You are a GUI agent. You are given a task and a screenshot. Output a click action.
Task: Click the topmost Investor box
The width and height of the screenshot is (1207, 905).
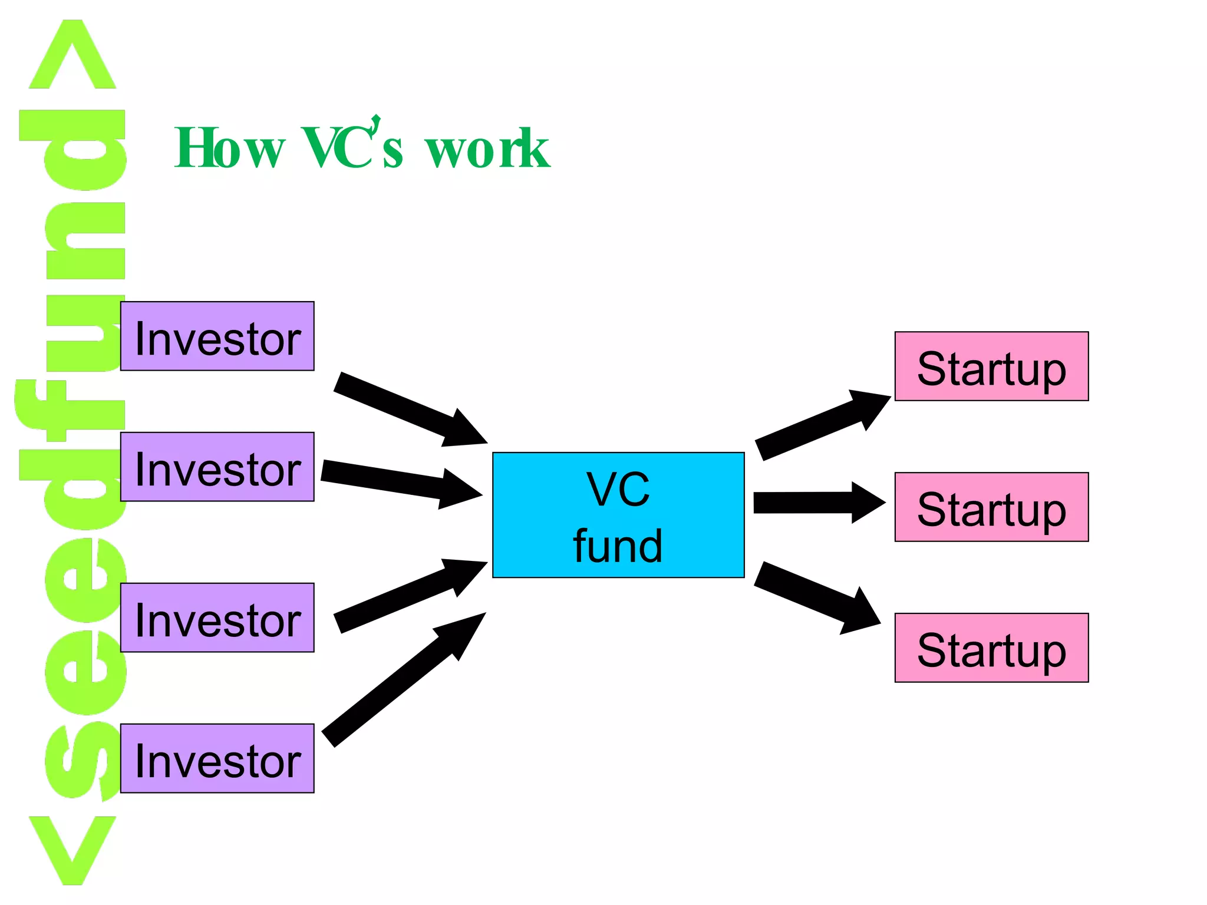click(217, 336)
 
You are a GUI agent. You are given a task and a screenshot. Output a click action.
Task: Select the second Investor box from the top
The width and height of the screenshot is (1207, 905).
click(217, 467)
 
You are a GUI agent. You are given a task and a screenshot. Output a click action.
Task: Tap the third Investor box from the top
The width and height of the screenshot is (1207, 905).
click(217, 617)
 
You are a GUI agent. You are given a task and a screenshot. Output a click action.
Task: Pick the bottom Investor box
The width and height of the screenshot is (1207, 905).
click(217, 758)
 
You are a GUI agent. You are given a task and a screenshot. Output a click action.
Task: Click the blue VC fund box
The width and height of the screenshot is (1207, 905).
click(618, 515)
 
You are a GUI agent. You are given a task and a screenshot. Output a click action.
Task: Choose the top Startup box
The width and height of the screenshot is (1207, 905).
click(991, 366)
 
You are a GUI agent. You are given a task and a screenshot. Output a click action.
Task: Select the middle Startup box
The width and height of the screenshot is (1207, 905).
click(991, 507)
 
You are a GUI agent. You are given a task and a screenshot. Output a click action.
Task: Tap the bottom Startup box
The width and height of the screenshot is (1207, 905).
click(991, 648)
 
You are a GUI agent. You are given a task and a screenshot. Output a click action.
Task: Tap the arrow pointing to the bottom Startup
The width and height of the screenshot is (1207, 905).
click(817, 597)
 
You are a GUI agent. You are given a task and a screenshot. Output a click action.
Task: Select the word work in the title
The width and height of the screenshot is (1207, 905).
click(487, 148)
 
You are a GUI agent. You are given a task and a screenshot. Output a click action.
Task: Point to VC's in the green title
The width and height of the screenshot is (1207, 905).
click(352, 147)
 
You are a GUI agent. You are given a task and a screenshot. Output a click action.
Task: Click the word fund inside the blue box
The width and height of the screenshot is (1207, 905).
click(618, 546)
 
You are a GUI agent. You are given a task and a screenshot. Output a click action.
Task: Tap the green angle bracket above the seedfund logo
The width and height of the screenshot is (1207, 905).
click(72, 56)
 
